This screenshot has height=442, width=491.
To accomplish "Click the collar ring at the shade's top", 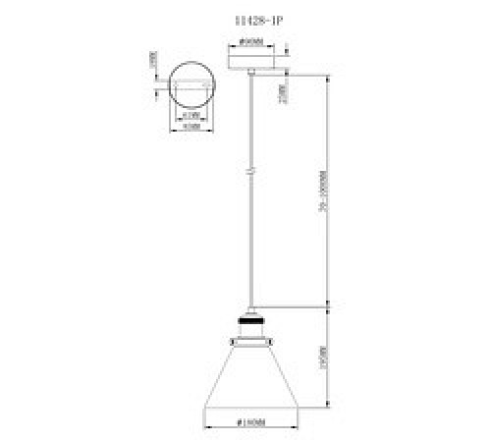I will click(251, 342).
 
